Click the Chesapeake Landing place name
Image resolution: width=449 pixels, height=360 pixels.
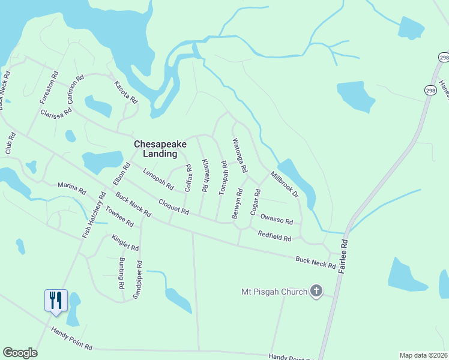pyautogui.click(x=160, y=149)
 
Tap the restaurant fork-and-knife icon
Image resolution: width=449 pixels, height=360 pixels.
pyautogui.click(x=56, y=299)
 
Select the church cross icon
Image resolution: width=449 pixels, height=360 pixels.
pyautogui.click(x=316, y=292)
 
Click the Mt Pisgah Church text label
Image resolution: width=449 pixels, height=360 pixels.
pyautogui.click(x=273, y=292)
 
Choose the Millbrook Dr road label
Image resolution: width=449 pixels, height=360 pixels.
pyautogui.click(x=283, y=185)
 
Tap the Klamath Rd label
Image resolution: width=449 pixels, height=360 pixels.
pyautogui.click(x=205, y=175)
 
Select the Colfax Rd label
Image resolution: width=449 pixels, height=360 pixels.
pyautogui.click(x=188, y=179)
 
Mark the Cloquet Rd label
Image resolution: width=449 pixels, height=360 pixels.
pyautogui.click(x=173, y=208)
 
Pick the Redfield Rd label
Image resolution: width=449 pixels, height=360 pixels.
pyautogui.click(x=274, y=236)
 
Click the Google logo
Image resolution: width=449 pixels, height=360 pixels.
pyautogui.click(x=20, y=353)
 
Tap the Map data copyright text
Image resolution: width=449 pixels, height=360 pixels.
pyautogui.click(x=423, y=355)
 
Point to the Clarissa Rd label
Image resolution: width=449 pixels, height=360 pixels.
pyautogui.click(x=56, y=112)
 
